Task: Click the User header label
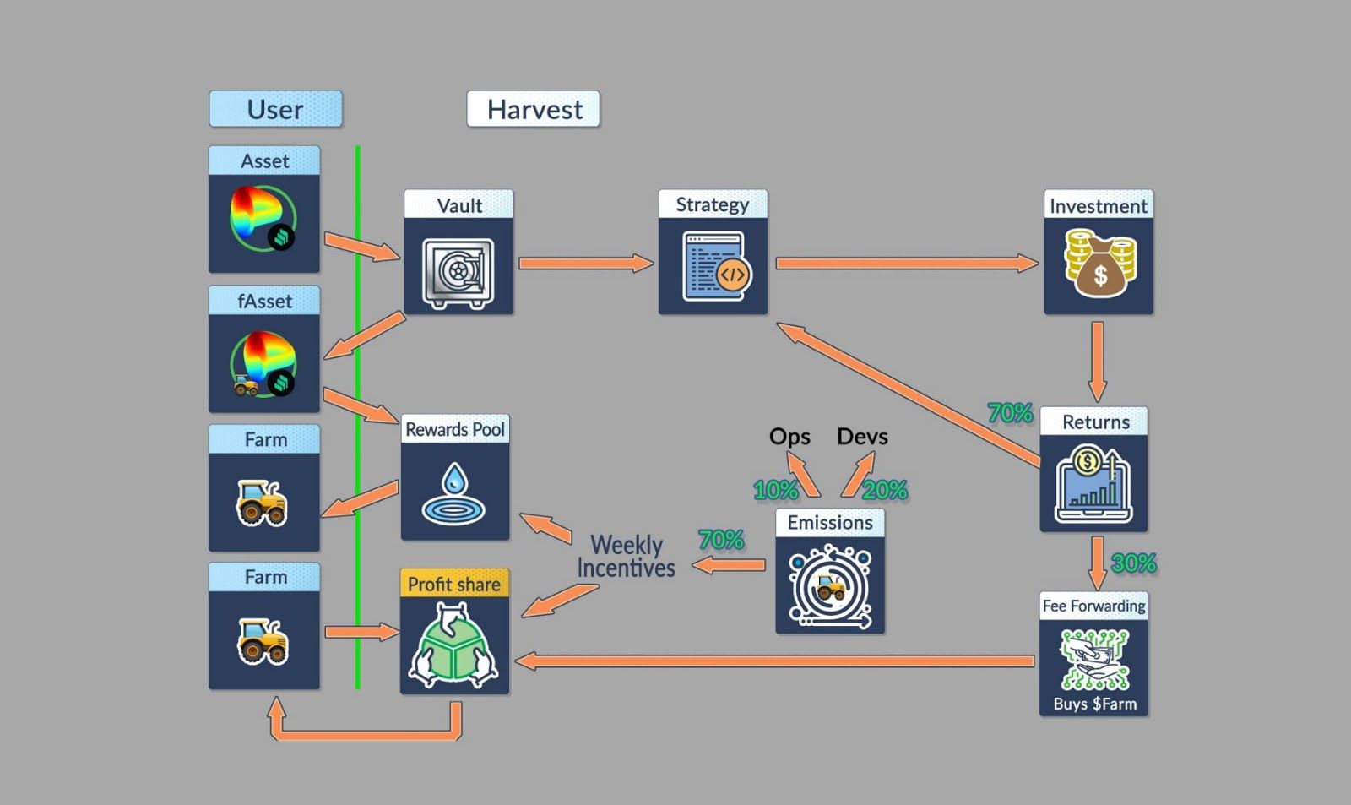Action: coord(275,109)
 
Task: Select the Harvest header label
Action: coord(534,109)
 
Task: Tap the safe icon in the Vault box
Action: coord(458,273)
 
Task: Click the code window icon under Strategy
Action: coord(714,268)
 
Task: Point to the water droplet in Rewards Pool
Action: coord(454,479)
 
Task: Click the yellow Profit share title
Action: coord(454,584)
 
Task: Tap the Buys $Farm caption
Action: coord(1094,704)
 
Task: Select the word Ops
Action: coord(789,437)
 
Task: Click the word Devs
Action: coord(862,437)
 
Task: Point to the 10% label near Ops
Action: coord(775,490)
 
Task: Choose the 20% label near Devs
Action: coord(885,490)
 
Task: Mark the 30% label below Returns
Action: coord(1133,563)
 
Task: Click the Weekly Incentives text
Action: coord(626,557)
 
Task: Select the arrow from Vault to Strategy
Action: coord(585,264)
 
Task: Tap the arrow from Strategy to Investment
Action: coord(906,264)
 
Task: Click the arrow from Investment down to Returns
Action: coord(1097,361)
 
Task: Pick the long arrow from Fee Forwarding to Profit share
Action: coord(774,661)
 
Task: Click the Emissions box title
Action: coord(830,523)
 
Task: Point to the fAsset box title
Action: coord(264,302)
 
